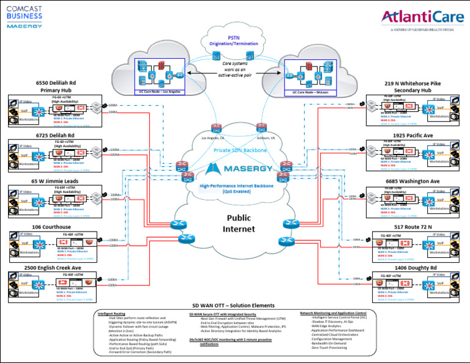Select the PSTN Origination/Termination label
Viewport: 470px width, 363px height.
click(234, 40)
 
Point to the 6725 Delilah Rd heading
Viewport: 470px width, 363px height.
click(55, 135)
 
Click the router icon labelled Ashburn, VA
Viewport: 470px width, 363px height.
click(261, 128)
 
